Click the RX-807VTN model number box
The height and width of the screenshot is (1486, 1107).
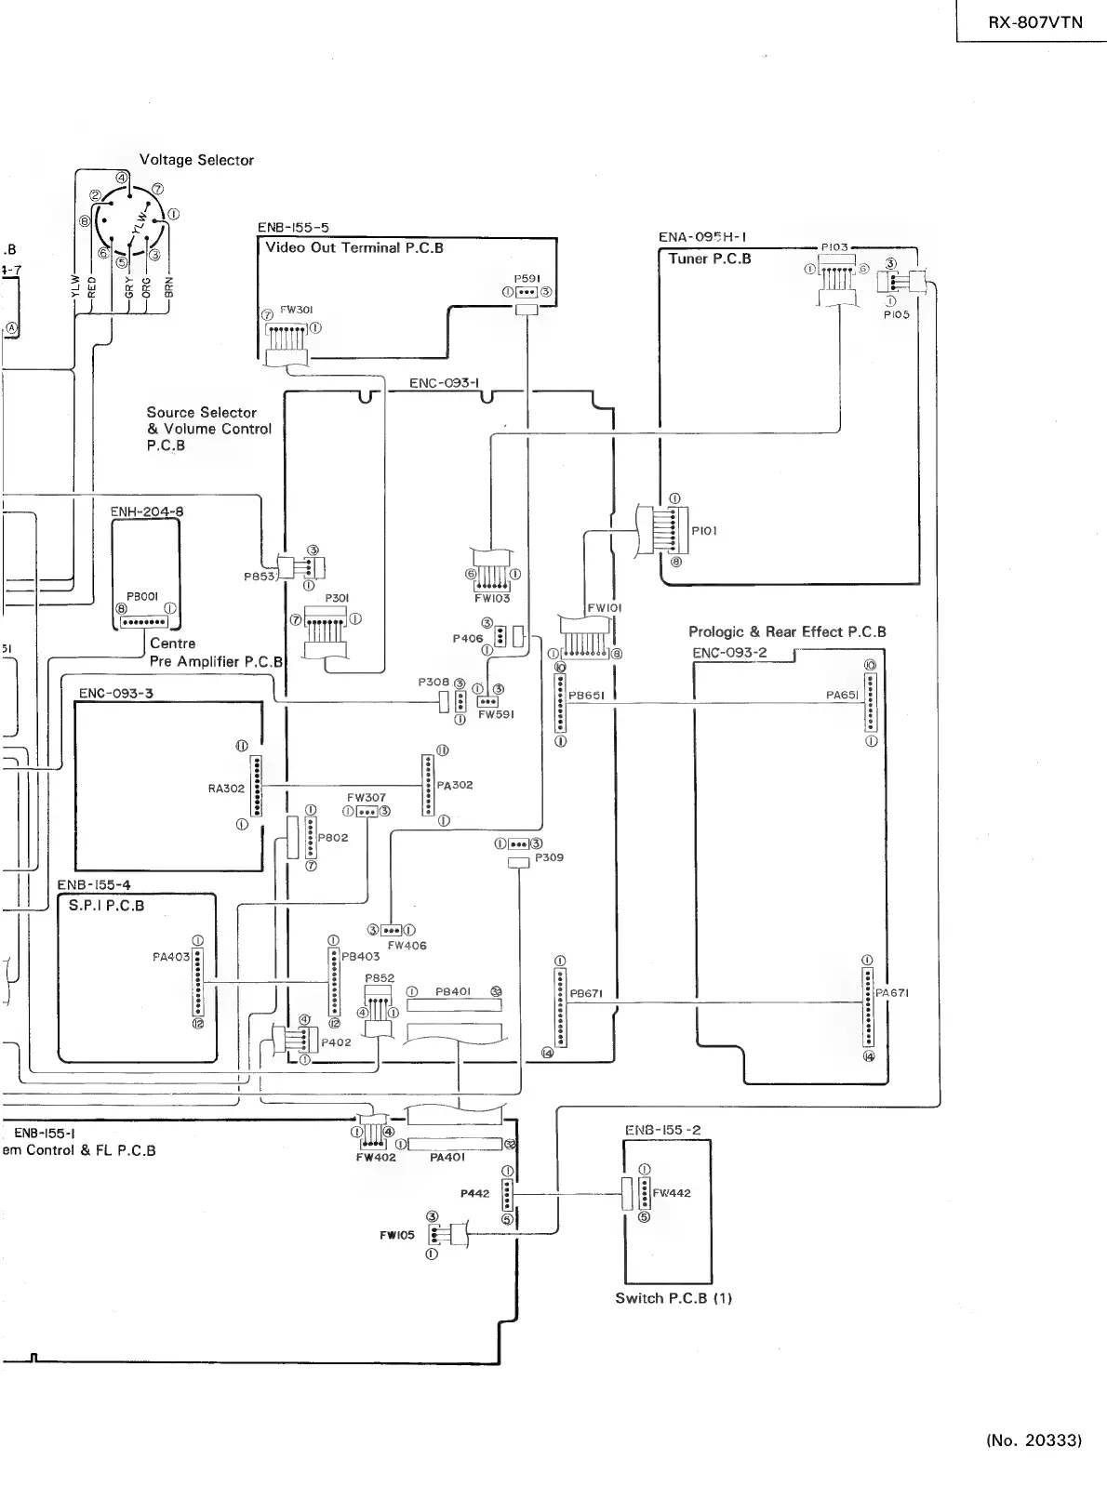pyautogui.click(x=1035, y=22)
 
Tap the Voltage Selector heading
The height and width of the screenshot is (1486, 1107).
pyautogui.click(x=196, y=160)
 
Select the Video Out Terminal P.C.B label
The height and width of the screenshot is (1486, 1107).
pyautogui.click(x=354, y=247)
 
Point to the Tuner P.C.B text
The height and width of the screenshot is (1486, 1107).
pyautogui.click(x=709, y=259)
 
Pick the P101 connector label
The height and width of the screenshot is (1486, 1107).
pyautogui.click(x=704, y=531)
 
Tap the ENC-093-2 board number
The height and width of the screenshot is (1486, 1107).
pyautogui.click(x=729, y=652)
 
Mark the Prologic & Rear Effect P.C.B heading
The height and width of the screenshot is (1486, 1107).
pyautogui.click(x=787, y=632)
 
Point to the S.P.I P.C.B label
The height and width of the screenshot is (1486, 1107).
pyautogui.click(x=106, y=905)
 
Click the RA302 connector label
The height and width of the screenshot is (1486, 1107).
pyautogui.click(x=226, y=789)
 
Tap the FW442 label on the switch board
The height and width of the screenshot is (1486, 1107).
pyautogui.click(x=672, y=1193)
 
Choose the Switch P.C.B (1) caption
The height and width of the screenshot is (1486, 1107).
pyautogui.click(x=674, y=1298)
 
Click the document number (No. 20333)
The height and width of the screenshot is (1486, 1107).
pyautogui.click(x=1034, y=1440)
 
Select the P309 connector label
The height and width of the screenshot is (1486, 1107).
pyautogui.click(x=549, y=857)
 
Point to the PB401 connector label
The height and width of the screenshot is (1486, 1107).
pyautogui.click(x=452, y=992)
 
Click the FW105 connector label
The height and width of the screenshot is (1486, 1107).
pyautogui.click(x=396, y=1236)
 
